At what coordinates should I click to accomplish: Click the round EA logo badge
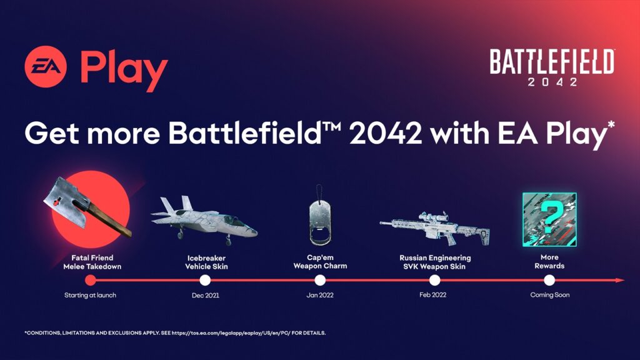46,69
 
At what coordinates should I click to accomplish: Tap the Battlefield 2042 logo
551,67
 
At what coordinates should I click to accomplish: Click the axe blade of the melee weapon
62,197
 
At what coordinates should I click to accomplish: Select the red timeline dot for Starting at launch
91,280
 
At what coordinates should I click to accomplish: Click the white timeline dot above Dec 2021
205,280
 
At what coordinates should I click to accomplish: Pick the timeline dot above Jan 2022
320,280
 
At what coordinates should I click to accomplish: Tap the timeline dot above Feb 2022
435,280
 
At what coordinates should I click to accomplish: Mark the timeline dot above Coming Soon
549,280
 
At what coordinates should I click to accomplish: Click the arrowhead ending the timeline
619,280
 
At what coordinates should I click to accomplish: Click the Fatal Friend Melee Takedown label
91,262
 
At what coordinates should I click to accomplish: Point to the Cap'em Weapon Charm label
320,262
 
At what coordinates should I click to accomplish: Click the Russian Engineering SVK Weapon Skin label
435,262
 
